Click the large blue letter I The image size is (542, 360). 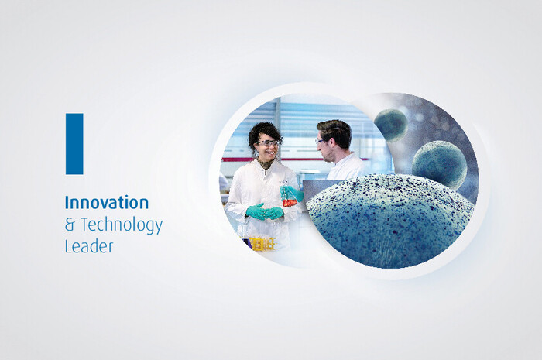[x=74, y=144]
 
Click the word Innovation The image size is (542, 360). [x=107, y=203]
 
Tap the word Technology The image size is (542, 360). [x=122, y=225]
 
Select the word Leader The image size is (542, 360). [x=89, y=247]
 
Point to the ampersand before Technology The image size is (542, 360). [x=70, y=225]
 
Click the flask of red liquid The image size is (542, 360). [x=290, y=200]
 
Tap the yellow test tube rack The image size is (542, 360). [x=262, y=244]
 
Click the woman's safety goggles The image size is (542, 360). [x=268, y=142]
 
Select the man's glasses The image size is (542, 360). [x=320, y=141]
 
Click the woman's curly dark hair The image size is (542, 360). [x=265, y=133]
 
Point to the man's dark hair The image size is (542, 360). [x=335, y=132]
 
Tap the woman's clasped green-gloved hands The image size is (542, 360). [x=266, y=212]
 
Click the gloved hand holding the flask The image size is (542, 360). [x=293, y=193]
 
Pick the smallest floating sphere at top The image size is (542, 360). [x=391, y=125]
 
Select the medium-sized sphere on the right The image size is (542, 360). [x=440, y=165]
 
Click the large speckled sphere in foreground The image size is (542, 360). [x=390, y=221]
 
